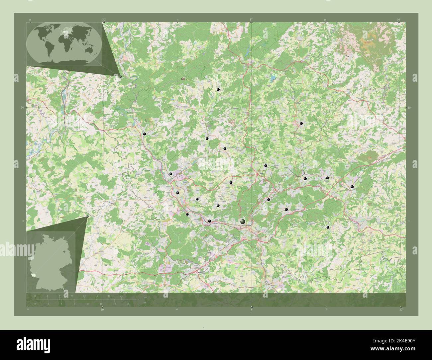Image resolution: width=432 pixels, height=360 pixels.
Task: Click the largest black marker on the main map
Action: click(243, 222)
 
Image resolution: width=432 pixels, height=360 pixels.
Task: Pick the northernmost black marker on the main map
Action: click(218, 90)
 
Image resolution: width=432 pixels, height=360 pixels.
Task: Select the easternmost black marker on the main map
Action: click(352, 187)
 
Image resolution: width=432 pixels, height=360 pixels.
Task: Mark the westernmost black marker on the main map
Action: click(145, 134)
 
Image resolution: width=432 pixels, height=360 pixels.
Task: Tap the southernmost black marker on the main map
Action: click(328, 227)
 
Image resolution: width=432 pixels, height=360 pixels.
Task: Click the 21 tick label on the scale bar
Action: click(122, 296)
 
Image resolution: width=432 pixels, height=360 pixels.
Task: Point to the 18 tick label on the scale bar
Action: click(109, 296)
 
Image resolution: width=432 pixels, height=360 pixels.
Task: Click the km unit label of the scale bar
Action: click(145, 297)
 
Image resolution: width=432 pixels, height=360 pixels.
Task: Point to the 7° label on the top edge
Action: click(251, 20)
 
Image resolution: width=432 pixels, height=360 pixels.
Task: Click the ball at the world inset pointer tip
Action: click(120, 76)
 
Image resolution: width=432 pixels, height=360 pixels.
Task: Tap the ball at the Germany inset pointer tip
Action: click(87, 217)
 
